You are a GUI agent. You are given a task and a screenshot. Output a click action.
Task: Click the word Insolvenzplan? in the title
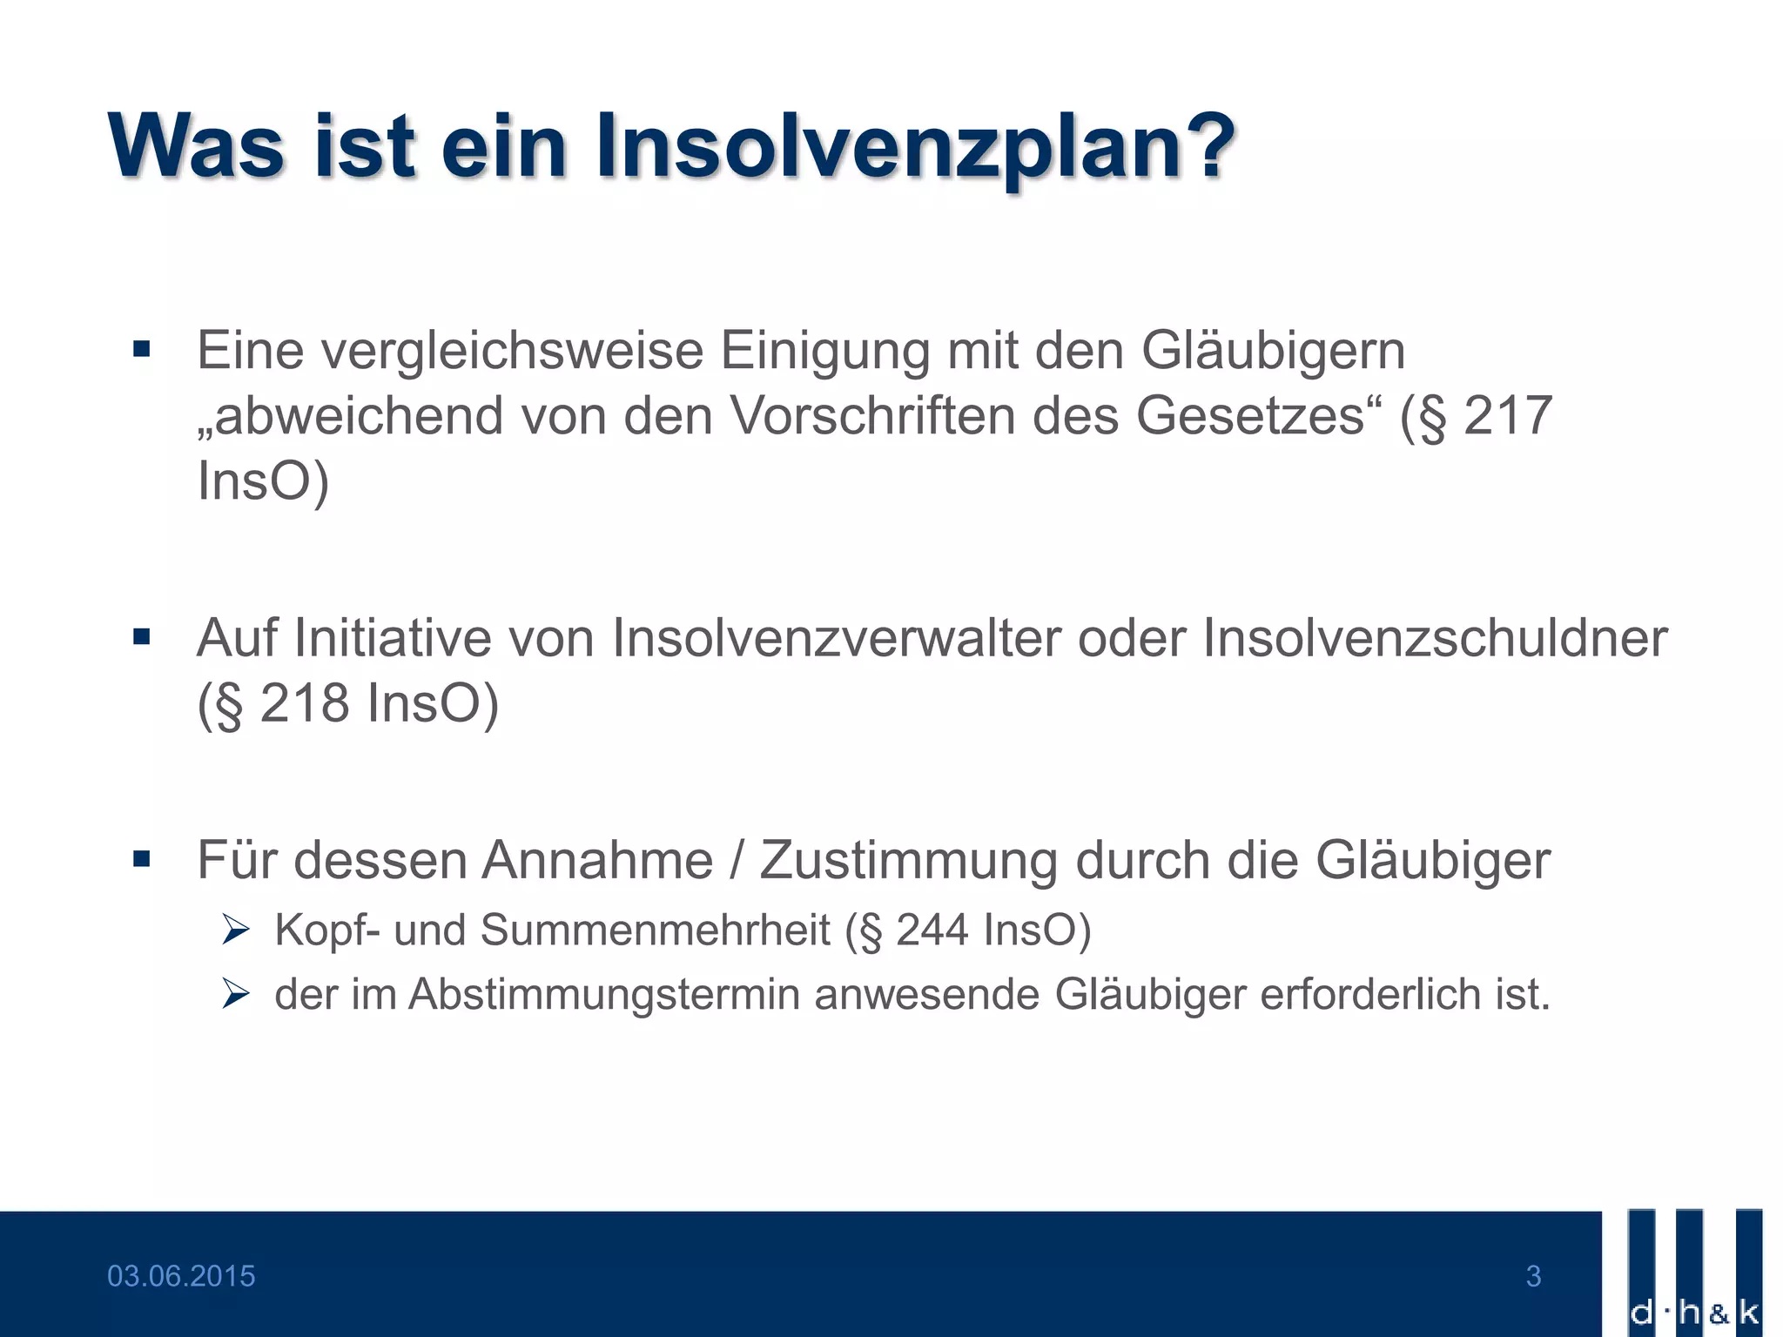tap(915, 148)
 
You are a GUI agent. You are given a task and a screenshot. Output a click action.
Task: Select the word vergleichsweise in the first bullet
tap(512, 353)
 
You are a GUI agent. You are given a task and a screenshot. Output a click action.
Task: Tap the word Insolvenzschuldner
tap(1435, 637)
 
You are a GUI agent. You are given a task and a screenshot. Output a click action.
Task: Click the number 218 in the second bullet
tap(305, 702)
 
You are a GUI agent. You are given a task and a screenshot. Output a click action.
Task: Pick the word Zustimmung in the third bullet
tap(908, 861)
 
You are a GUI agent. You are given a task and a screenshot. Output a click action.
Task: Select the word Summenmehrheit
tap(656, 930)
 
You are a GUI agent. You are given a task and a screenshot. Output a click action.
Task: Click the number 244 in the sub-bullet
tap(932, 930)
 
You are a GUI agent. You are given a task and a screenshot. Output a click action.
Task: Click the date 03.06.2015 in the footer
tap(181, 1276)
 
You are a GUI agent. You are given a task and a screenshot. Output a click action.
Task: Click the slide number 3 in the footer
tap(1533, 1276)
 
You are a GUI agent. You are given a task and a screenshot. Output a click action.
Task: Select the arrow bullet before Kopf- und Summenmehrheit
tap(235, 931)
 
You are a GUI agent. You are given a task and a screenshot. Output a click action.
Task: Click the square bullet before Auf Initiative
tap(142, 638)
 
